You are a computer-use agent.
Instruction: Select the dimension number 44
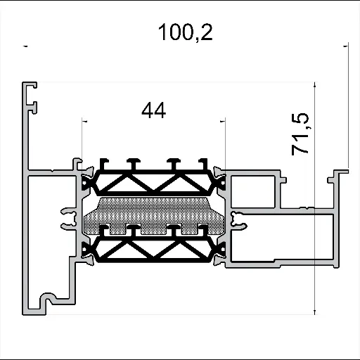pyautogui.click(x=153, y=110)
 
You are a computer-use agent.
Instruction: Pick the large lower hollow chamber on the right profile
pyautogui.click(x=281, y=238)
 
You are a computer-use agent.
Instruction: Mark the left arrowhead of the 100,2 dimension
pyautogui.click(x=26, y=46)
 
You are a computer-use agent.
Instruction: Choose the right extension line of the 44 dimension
pyautogui.click(x=224, y=141)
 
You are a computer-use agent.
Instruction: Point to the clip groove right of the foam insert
pyautogui.click(x=240, y=217)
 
